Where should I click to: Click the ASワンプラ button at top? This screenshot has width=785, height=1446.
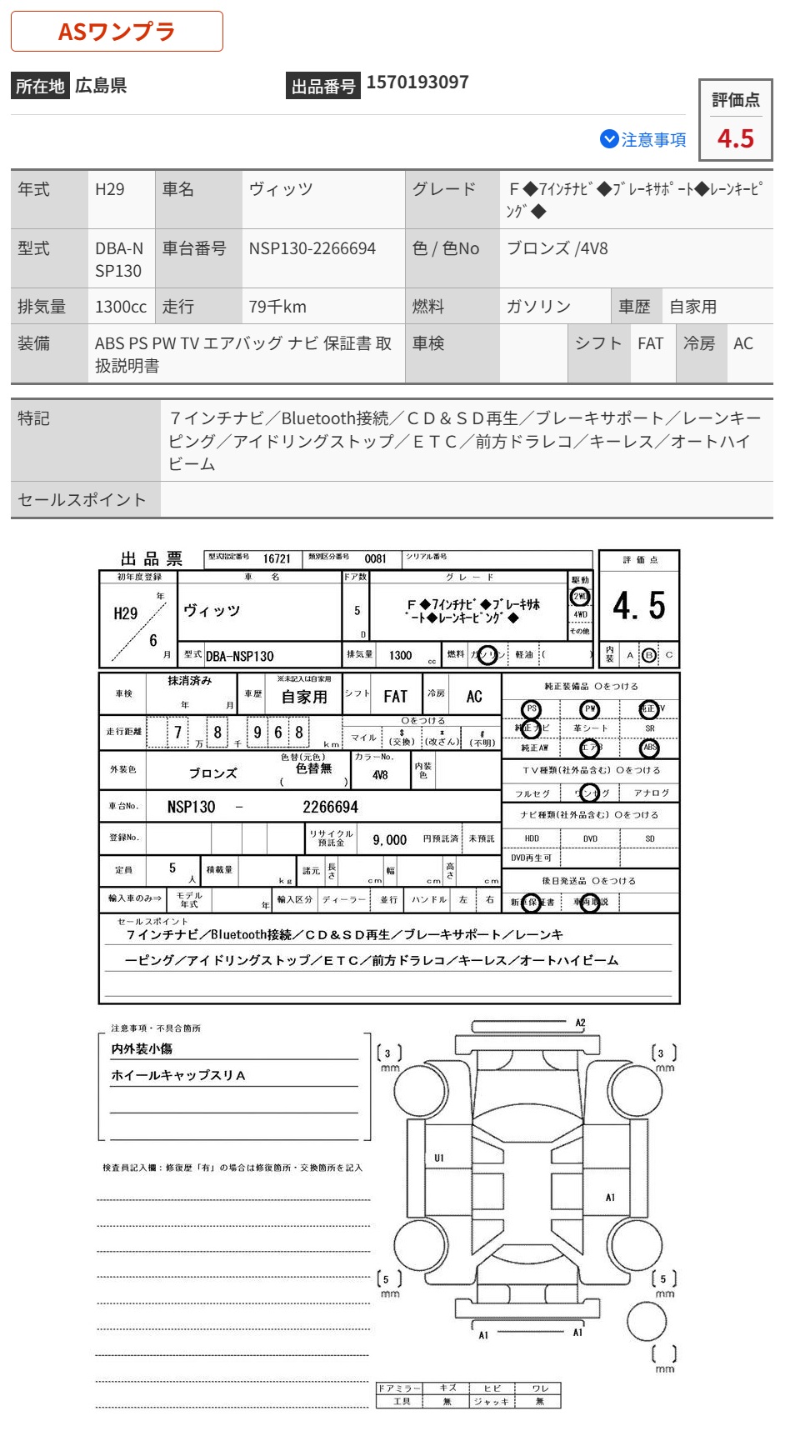click(x=117, y=32)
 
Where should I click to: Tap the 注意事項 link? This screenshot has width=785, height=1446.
click(x=643, y=140)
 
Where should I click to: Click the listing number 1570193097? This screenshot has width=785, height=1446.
click(x=417, y=83)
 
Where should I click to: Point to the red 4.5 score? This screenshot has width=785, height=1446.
click(x=735, y=138)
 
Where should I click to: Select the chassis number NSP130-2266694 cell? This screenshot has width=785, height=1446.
click(x=312, y=248)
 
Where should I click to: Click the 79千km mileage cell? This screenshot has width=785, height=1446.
click(x=277, y=307)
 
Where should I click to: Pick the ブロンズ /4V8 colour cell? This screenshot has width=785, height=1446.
click(x=557, y=248)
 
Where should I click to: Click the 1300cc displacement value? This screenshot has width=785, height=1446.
click(x=120, y=307)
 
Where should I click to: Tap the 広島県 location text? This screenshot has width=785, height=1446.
click(x=101, y=85)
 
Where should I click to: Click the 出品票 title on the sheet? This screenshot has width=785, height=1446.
click(x=152, y=559)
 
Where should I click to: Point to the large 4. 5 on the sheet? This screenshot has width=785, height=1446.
click(x=638, y=606)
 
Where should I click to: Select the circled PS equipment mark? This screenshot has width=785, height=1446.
click(x=531, y=709)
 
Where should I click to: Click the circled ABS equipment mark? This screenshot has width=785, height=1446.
click(x=650, y=748)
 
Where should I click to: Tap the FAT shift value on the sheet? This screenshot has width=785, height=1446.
click(x=395, y=697)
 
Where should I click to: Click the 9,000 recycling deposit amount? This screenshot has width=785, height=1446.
click(x=389, y=840)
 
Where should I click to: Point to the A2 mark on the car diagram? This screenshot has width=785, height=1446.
click(x=581, y=1023)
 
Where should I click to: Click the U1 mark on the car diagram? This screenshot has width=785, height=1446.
click(x=439, y=1158)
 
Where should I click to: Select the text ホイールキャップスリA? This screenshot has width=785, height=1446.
click(x=178, y=1075)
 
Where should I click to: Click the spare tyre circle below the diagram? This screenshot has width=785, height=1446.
click(x=647, y=1320)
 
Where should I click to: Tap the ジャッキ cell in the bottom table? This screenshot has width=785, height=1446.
click(x=492, y=1402)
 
